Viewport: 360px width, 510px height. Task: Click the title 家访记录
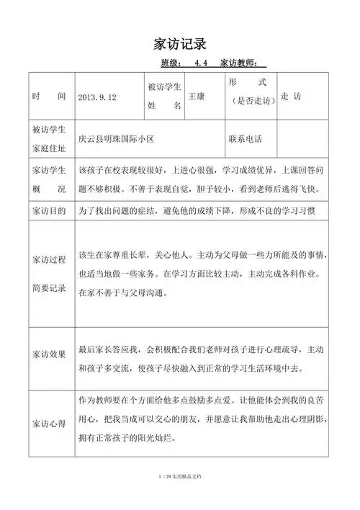point(180,40)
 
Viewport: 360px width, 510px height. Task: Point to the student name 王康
point(196,96)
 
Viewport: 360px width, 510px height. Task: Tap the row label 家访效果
point(49,354)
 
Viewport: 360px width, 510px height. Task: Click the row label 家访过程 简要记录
point(49,274)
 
